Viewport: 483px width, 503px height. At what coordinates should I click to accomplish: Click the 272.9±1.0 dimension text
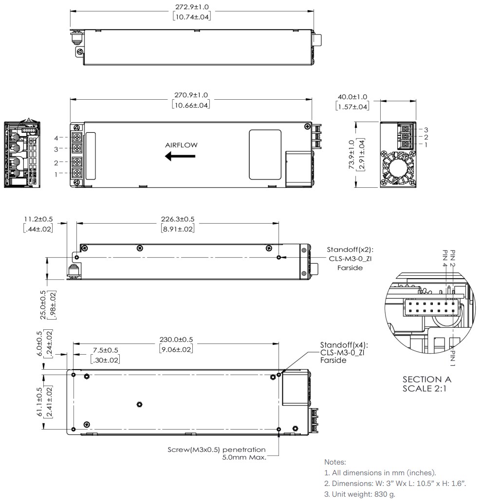pyautogui.click(x=192, y=7)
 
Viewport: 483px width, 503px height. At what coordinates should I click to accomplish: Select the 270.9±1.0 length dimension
pyautogui.click(x=192, y=95)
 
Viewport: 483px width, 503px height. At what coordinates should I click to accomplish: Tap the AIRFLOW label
pyautogui.click(x=182, y=145)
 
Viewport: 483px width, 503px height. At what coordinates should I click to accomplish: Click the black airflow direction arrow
pyautogui.click(x=180, y=157)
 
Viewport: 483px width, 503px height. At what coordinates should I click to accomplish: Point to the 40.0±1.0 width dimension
pyautogui.click(x=353, y=97)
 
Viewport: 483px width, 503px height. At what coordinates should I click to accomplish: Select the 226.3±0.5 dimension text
pyautogui.click(x=179, y=219)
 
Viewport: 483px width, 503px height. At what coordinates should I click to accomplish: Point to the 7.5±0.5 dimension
pyautogui.click(x=105, y=350)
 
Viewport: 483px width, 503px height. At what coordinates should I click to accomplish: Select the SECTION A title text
pyautogui.click(x=427, y=379)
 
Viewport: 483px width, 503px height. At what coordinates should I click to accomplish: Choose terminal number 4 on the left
pyautogui.click(x=56, y=138)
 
